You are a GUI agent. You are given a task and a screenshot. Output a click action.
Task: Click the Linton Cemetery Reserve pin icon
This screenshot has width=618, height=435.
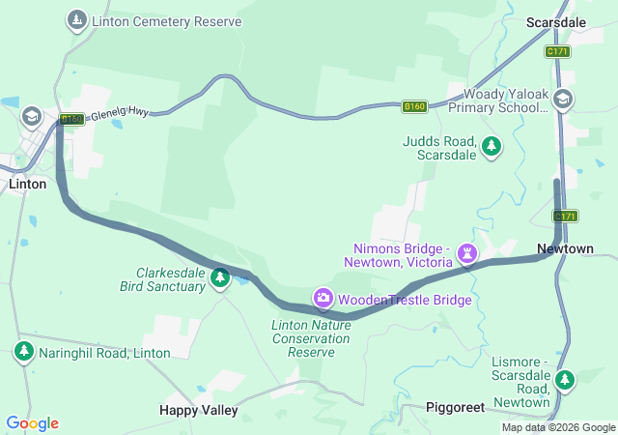point(76,20)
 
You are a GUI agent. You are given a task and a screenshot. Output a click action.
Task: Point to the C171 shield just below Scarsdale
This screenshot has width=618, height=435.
point(557,51)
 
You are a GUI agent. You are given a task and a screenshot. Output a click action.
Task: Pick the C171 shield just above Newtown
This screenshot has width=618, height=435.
point(566,216)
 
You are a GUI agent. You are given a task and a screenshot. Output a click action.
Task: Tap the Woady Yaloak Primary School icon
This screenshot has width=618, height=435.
point(563,98)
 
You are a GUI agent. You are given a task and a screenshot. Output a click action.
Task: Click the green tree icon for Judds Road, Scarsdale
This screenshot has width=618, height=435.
point(492,146)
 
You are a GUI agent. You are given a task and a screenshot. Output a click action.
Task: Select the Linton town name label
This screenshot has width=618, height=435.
point(27,184)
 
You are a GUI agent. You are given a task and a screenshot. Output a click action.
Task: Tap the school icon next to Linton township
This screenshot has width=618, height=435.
point(32,117)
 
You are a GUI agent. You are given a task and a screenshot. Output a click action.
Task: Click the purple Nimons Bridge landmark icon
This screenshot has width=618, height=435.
point(467,253)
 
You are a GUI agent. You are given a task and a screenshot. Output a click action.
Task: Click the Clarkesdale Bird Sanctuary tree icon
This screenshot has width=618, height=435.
point(219,278)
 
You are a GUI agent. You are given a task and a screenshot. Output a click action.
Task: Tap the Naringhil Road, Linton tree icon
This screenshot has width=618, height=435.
point(23,350)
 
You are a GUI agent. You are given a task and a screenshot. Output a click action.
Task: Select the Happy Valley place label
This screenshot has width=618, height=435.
point(198,410)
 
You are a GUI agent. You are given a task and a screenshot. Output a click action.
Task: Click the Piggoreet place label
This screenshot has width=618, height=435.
point(455,408)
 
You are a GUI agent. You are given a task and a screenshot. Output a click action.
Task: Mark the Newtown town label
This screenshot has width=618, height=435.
point(565,248)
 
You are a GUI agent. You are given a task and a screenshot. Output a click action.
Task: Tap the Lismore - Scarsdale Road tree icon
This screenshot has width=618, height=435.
point(566,381)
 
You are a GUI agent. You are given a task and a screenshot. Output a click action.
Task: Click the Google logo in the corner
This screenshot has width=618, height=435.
point(32,423)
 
